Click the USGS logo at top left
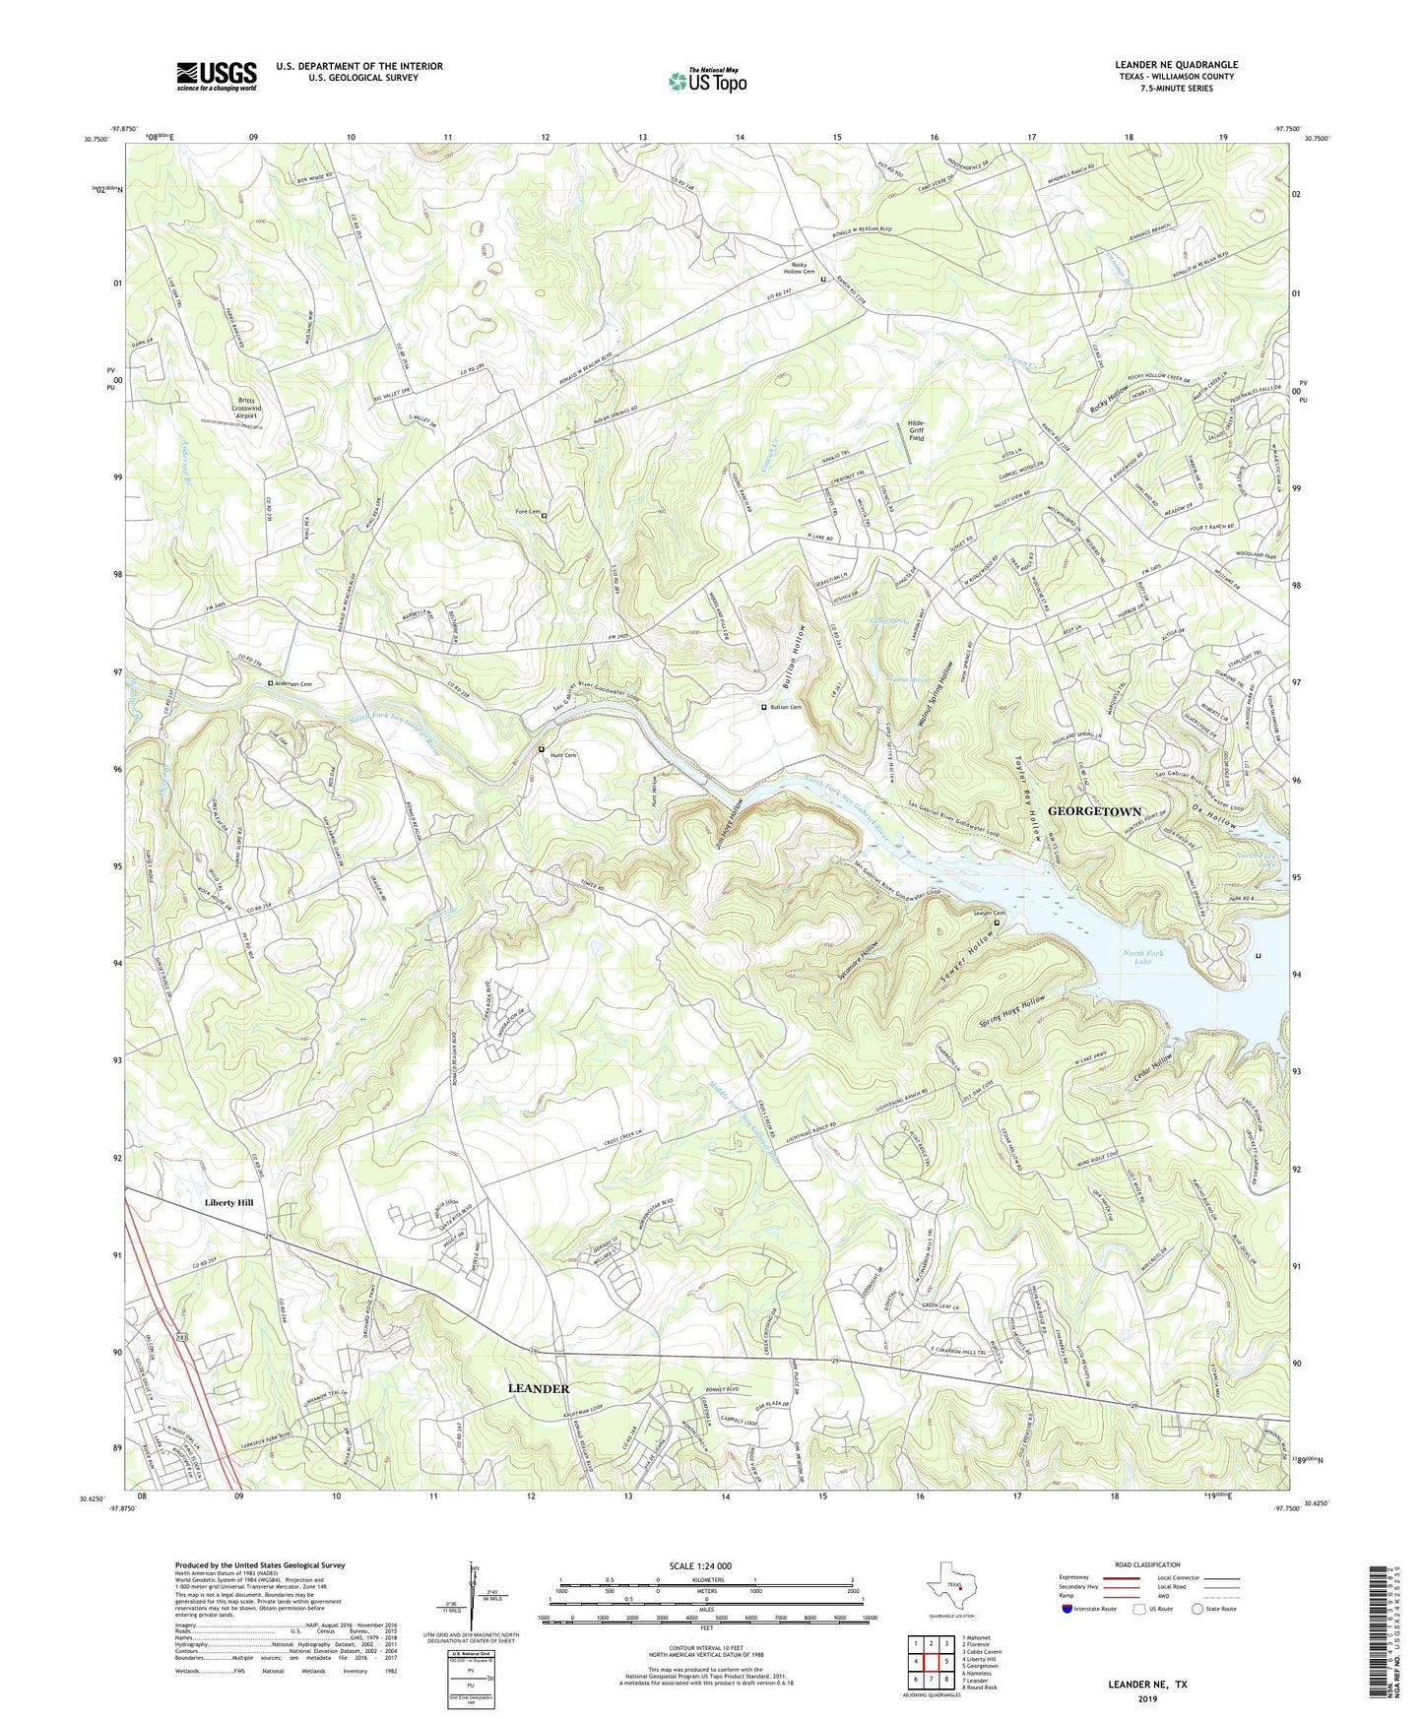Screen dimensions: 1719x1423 pyautogui.click(x=217, y=76)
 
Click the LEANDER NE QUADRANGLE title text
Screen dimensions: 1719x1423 pyautogui.click(x=1176, y=65)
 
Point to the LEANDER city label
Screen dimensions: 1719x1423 pyautogui.click(x=539, y=1388)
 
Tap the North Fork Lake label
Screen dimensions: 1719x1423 pyautogui.click(x=1142, y=956)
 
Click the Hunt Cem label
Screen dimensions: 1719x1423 pyautogui.click(x=562, y=755)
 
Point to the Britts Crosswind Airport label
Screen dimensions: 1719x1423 pyautogui.click(x=245, y=408)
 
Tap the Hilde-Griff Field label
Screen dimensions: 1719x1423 pyautogui.click(x=916, y=430)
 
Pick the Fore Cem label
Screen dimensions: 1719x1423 pyautogui.click(x=527, y=512)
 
